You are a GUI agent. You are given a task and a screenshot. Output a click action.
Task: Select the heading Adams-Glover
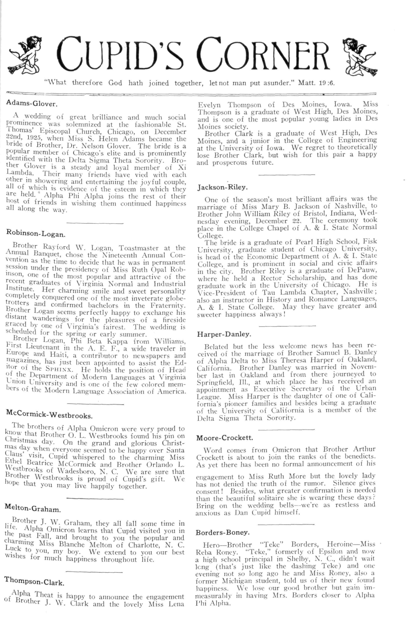pos(32,103)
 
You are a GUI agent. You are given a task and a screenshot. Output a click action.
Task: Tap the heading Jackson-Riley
pos(222,187)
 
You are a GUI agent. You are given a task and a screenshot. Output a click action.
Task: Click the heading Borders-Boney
pos(223,532)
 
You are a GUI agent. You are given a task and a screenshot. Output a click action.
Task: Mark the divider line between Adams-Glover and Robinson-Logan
pos(95,223)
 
